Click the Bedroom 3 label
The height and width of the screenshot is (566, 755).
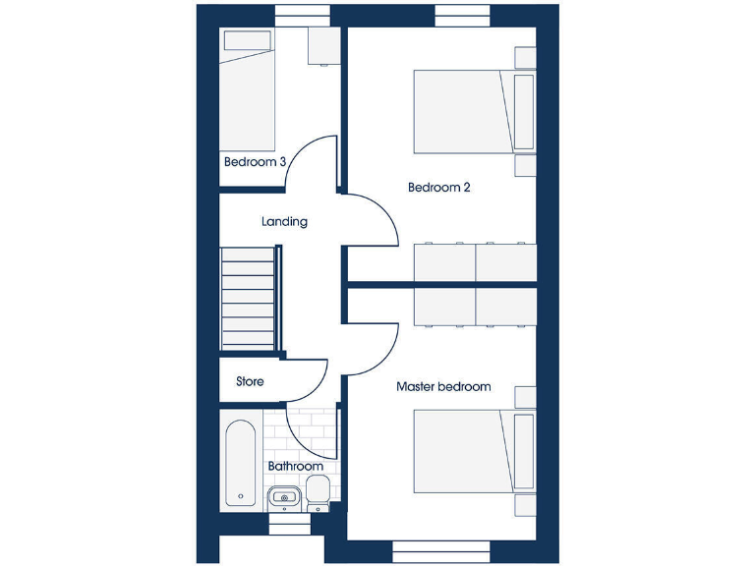point(255,162)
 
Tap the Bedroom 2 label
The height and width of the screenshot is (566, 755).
point(438,187)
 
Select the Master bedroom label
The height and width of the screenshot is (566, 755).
point(442,387)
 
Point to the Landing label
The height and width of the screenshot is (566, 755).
point(284,222)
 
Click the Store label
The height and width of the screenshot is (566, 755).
point(250,381)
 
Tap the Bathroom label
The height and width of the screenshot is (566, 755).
point(295,466)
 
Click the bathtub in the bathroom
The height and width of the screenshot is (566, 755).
point(240,463)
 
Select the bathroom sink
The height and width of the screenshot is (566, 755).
point(284,496)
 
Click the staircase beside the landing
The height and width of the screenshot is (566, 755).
point(249,299)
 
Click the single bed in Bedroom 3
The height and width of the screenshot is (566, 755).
point(248,90)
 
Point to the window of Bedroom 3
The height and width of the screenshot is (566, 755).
point(302,16)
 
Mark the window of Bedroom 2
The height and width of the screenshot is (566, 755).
point(462,16)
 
